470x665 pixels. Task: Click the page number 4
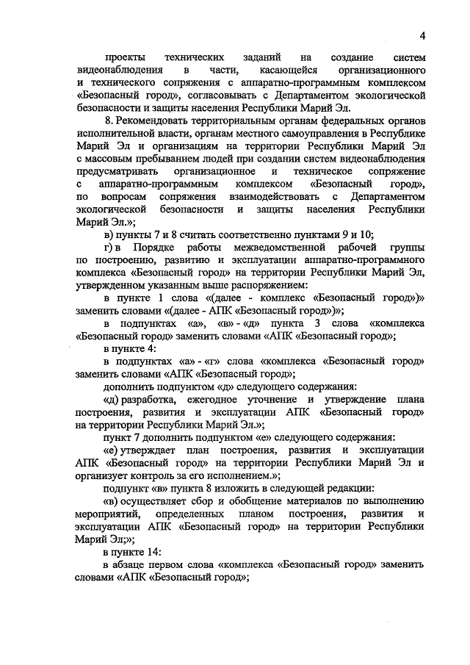tap(424, 37)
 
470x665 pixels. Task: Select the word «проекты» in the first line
tap(125, 57)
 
